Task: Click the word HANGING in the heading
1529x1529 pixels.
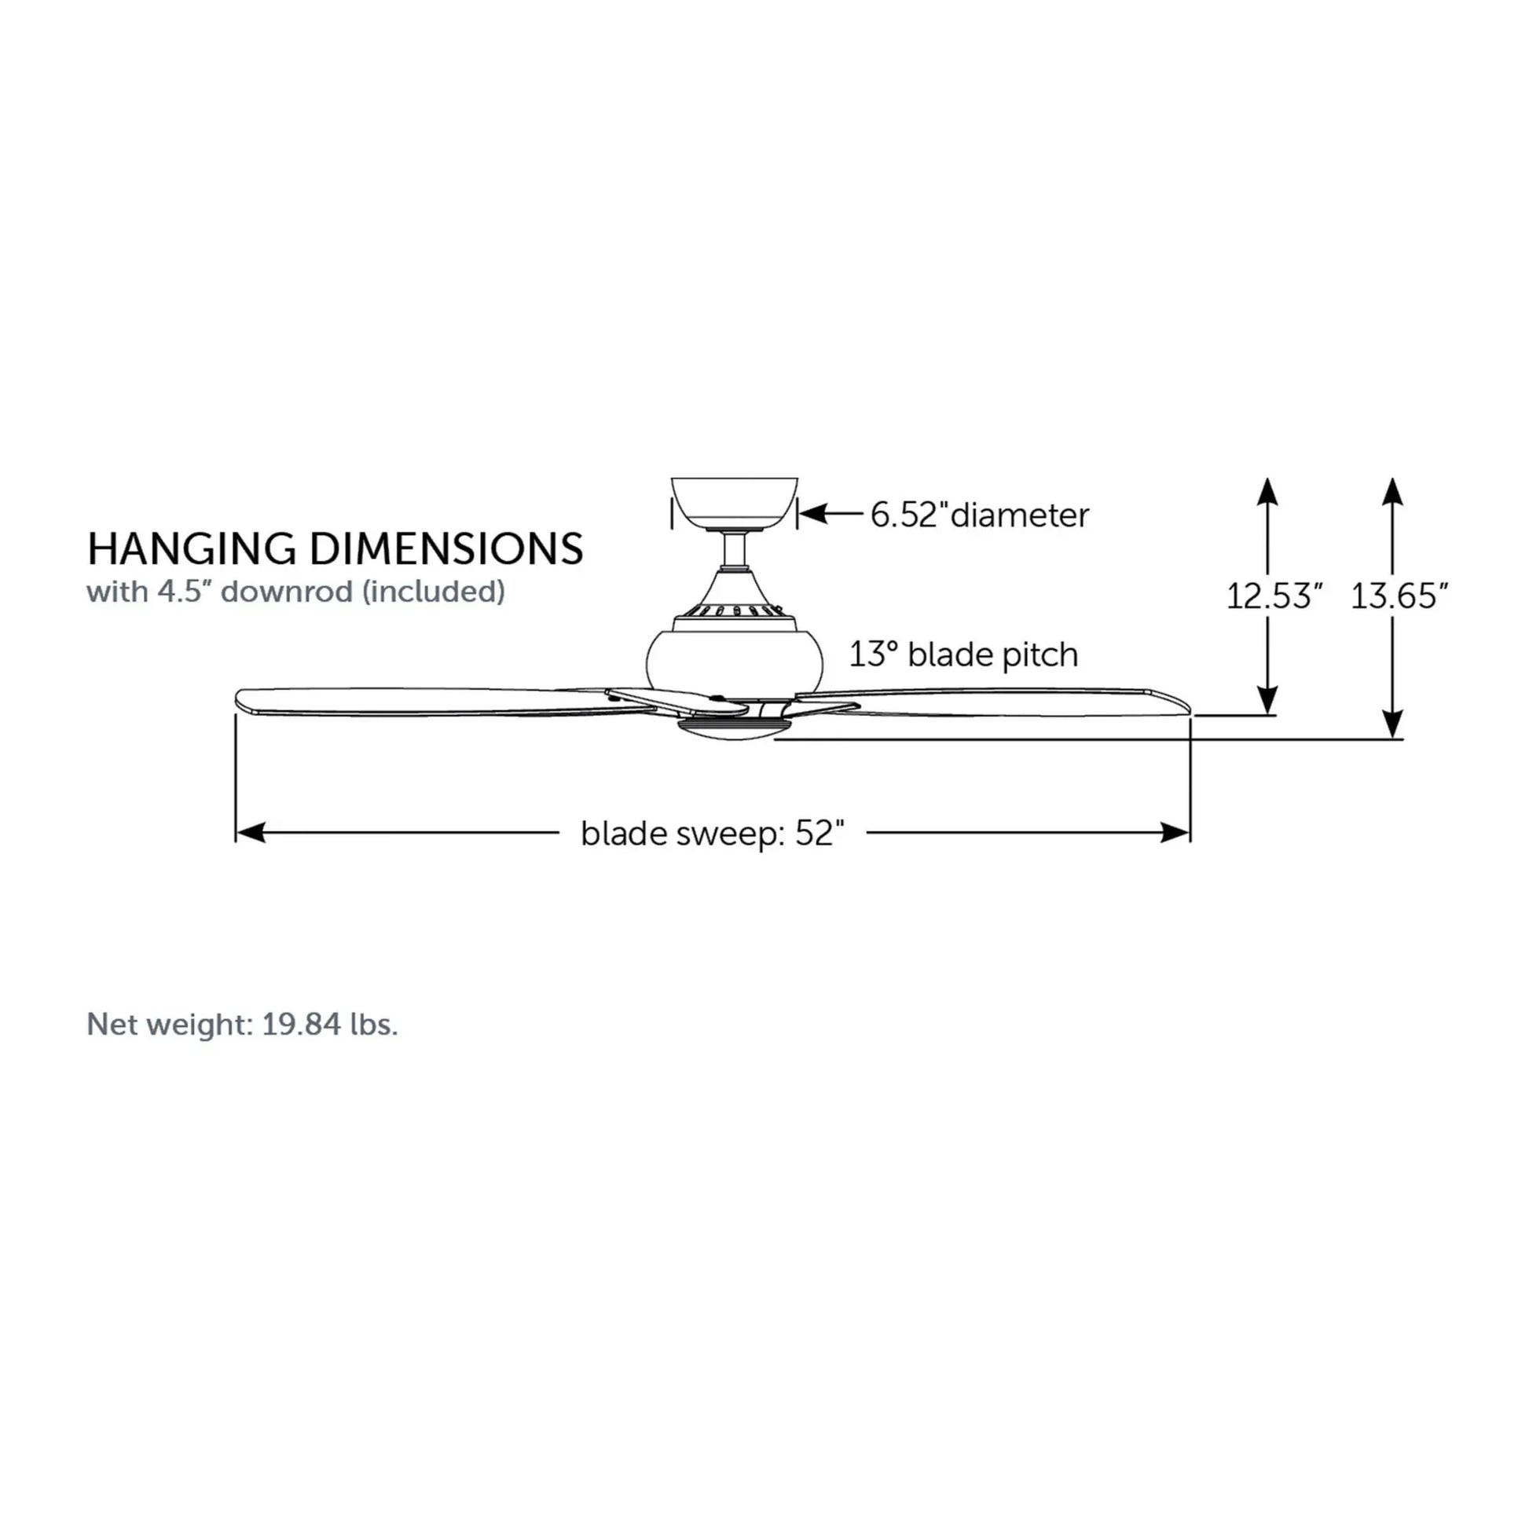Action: click(192, 549)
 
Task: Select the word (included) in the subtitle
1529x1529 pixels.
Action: click(434, 592)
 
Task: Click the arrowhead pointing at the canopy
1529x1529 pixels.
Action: click(812, 514)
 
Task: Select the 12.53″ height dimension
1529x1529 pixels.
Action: click(1274, 596)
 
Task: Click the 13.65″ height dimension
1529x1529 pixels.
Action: click(1399, 596)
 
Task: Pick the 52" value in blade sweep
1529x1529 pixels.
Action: click(820, 834)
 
